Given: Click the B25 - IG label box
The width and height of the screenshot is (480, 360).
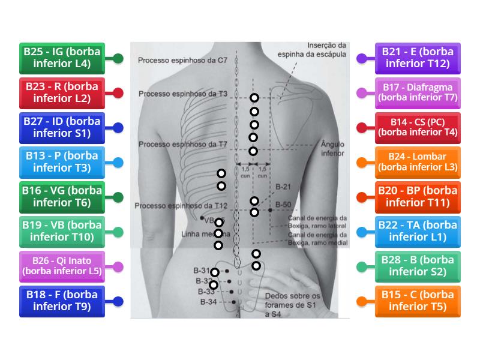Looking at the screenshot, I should point(62,58).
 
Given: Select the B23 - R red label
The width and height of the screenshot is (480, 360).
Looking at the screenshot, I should point(62,92).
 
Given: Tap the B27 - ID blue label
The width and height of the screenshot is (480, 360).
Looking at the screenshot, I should point(62,127).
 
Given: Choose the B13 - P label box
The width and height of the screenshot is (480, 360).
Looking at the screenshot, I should point(62,162).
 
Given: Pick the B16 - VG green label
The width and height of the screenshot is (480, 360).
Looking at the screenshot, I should point(62,197).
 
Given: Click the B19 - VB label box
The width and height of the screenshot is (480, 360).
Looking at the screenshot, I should point(62,232).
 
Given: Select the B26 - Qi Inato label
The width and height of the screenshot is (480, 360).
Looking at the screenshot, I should point(62,266).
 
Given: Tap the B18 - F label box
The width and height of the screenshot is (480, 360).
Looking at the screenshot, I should point(62,301).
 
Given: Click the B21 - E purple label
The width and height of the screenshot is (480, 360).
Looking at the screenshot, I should point(418,58).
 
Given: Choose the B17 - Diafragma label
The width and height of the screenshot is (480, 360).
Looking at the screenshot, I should point(418,92).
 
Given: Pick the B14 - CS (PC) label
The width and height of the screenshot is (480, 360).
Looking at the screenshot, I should point(418,127).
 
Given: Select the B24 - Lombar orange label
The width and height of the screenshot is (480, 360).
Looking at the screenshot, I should point(418,162).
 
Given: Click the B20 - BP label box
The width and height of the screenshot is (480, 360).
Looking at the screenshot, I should point(418,197).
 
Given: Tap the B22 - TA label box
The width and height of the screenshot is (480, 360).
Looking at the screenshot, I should point(418,232).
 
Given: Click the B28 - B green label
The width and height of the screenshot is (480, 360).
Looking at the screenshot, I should point(418,266).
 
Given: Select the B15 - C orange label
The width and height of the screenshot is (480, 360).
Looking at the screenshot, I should point(418,301).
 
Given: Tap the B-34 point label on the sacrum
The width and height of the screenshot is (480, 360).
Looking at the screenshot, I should point(208,302).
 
